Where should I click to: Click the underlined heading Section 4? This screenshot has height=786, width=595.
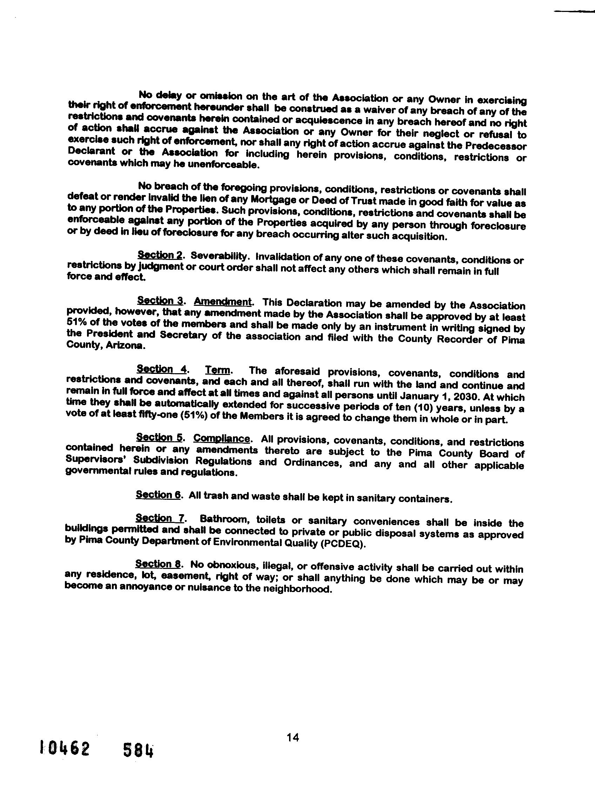click(162, 369)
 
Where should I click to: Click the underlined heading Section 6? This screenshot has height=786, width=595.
click(159, 495)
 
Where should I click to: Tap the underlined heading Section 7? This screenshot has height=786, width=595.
click(160, 518)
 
